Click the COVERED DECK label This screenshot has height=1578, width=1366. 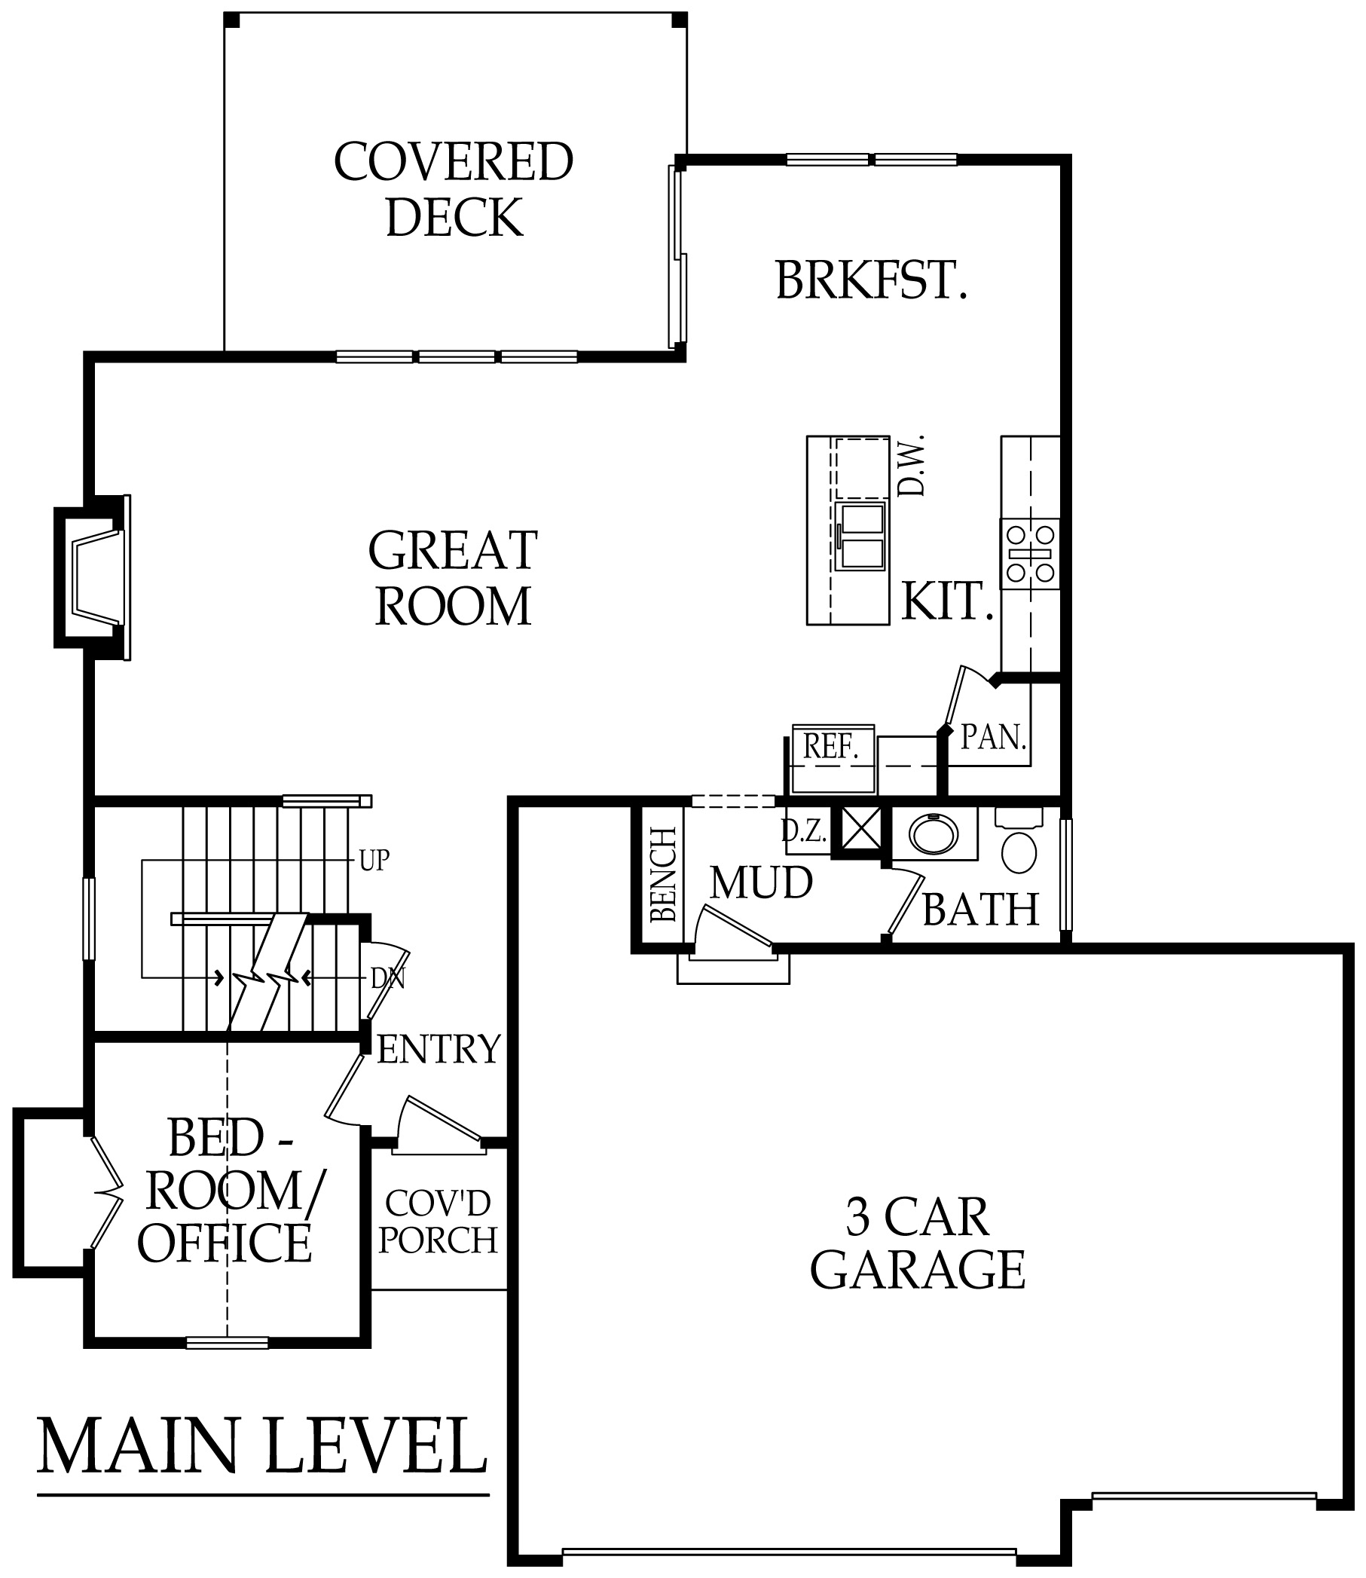(x=454, y=189)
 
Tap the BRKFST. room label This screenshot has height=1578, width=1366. (x=871, y=280)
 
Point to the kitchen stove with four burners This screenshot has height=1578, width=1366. (x=1031, y=553)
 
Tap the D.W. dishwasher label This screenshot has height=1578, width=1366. (x=912, y=466)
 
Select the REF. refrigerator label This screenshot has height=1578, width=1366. (x=831, y=746)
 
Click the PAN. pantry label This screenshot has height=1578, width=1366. (x=994, y=736)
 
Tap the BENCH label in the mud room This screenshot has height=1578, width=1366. (x=664, y=873)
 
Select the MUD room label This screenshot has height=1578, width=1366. (x=762, y=883)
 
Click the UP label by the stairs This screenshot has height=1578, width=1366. (x=374, y=861)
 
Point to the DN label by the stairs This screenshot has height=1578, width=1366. (x=388, y=979)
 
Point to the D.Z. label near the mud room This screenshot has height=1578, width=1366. (x=805, y=830)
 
